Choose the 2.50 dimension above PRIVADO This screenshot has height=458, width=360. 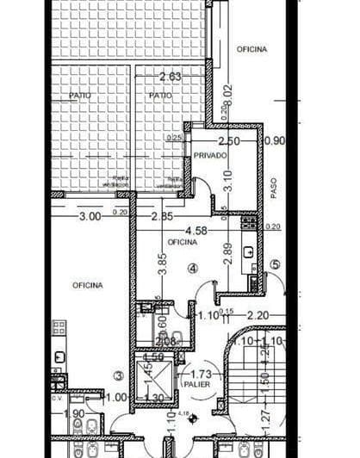[x=228, y=140]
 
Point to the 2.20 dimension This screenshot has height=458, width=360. [x=258, y=315]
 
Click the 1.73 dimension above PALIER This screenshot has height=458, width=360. [x=200, y=374]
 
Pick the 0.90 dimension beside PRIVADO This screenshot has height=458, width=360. [x=275, y=140]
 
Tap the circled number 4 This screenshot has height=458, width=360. [x=193, y=269]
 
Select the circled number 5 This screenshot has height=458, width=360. [x=276, y=264]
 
